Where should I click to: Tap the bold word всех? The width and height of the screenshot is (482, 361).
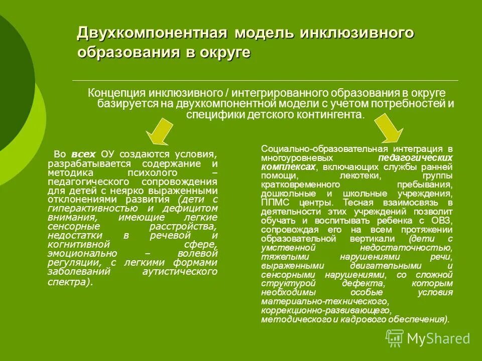[x=82, y=153]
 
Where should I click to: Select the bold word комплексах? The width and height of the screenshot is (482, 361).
[x=289, y=167]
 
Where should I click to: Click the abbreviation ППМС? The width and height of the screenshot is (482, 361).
[x=274, y=203]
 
